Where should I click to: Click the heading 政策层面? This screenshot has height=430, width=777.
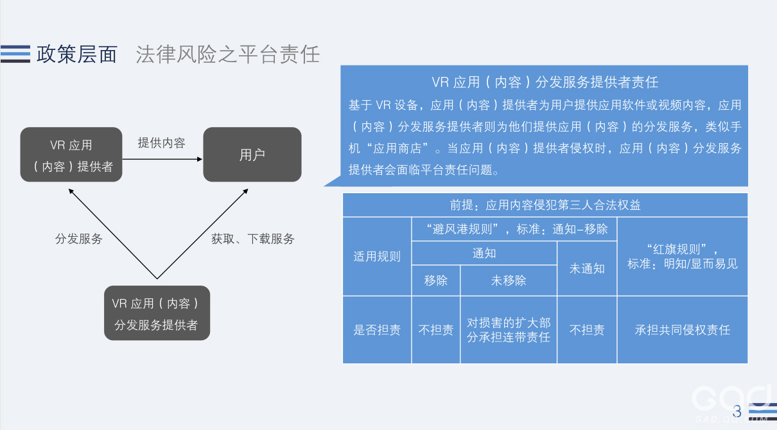[77, 55]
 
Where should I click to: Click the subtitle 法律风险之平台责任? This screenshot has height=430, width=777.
[228, 55]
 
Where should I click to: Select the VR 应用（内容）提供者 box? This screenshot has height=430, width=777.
[71, 155]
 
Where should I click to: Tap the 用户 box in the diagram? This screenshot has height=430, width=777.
[252, 155]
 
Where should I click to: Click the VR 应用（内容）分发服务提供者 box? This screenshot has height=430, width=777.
[157, 313]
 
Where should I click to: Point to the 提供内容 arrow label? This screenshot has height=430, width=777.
[162, 143]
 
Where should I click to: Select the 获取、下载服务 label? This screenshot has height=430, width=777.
[253, 239]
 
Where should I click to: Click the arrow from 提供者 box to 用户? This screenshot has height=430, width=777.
[162, 161]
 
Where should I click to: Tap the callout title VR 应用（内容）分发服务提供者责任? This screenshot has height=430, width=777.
[545, 82]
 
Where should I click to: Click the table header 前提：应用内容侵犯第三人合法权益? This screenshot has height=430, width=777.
[545, 205]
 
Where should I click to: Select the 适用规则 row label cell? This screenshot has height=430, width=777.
[377, 256]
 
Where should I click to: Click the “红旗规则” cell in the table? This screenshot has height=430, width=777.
[683, 256]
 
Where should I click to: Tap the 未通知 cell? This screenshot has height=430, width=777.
[587, 268]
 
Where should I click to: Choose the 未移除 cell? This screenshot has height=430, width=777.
[509, 280]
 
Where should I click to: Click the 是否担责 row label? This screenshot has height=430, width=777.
[377, 330]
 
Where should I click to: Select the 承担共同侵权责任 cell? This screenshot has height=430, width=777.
[683, 330]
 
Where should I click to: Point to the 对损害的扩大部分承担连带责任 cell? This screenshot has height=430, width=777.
[509, 330]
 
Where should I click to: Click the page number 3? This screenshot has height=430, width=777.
[737, 411]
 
